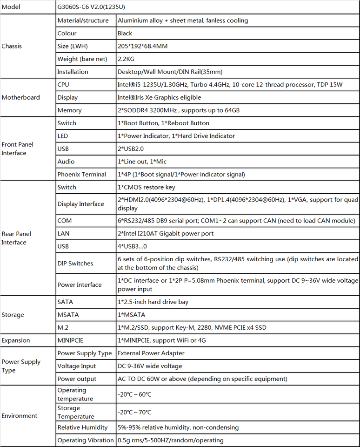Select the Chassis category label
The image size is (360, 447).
click(12, 46)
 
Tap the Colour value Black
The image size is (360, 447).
click(125, 34)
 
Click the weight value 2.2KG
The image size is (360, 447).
click(127, 59)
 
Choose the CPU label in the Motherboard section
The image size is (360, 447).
click(63, 85)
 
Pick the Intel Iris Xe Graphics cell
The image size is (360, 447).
click(159, 98)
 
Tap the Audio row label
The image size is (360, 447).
click(66, 162)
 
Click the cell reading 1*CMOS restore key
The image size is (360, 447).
click(147, 187)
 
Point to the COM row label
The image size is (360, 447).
click(64, 221)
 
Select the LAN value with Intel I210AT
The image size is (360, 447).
click(166, 233)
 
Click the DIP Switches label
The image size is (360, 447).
click(75, 264)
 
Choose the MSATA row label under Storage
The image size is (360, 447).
click(68, 315)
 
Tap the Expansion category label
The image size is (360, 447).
click(16, 340)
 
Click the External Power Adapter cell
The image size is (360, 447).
click(151, 353)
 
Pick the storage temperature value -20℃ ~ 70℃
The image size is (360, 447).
click(134, 412)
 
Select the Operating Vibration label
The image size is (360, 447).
click(86, 440)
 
